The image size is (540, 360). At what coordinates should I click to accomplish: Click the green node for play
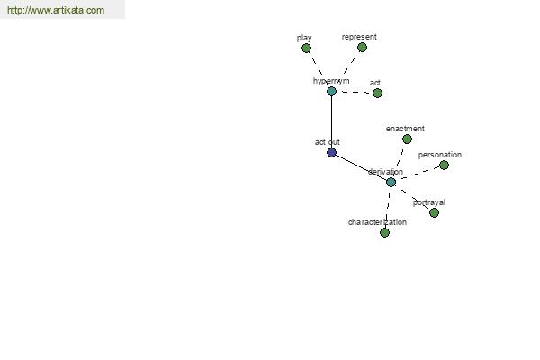coord(306,49)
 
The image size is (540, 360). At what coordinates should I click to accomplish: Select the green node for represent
coord(362,48)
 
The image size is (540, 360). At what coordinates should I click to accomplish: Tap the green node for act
coord(377,93)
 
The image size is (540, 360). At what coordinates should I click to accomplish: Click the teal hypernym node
coord(331,91)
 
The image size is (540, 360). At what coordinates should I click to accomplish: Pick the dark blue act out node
coord(331,152)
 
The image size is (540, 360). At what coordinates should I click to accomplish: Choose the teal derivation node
coord(391,182)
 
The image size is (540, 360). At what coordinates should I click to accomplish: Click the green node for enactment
coord(407,139)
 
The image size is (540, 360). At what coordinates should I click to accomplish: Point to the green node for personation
coord(445,166)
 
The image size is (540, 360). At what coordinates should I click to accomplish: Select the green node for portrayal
coord(435,213)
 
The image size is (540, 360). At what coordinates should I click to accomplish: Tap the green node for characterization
coord(384,232)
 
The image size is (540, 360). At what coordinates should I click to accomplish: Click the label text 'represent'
coord(359,37)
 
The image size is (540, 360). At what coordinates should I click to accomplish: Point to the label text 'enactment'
coord(405,129)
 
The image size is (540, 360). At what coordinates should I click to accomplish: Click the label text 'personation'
coord(440,155)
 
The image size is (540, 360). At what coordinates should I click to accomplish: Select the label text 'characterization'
coord(377,222)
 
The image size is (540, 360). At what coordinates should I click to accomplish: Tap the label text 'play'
coord(304,38)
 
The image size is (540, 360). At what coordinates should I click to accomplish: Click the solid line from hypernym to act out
coord(331,122)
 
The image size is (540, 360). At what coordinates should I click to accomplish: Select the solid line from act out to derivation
coord(361,167)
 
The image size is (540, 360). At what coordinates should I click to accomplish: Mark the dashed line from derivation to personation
coord(419,174)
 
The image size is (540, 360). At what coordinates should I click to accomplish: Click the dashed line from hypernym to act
coord(355,93)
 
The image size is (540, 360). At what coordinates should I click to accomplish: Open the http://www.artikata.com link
coord(56,10)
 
